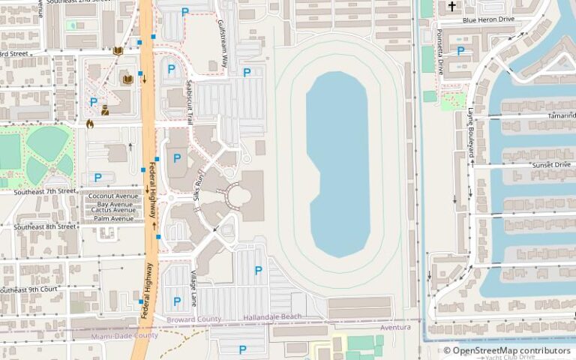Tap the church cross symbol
[x=451, y=7]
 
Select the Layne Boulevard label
[x=471, y=132]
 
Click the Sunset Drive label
[x=551, y=164]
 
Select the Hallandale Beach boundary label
[x=272, y=317]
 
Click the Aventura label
[x=395, y=328]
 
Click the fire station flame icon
[x=90, y=124]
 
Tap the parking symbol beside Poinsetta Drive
[x=460, y=51]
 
